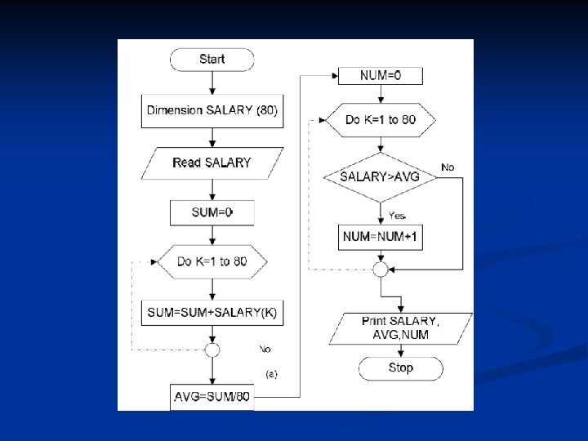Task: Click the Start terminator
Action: (x=212, y=60)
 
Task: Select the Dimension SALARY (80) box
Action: (x=212, y=111)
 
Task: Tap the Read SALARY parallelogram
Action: (x=212, y=163)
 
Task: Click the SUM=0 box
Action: (x=212, y=212)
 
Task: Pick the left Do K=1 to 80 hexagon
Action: (x=212, y=262)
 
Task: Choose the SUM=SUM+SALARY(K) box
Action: (x=212, y=313)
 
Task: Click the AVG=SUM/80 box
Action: (x=212, y=398)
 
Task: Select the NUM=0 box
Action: (x=380, y=76)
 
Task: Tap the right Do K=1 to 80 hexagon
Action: (x=380, y=120)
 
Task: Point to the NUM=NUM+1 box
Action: (x=380, y=237)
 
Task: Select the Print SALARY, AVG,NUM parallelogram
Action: (x=400, y=327)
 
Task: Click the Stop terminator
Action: (x=400, y=368)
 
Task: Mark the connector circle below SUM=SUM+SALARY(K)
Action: (x=212, y=350)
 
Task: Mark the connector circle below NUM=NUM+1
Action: (x=380, y=268)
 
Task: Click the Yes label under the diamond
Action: (x=397, y=216)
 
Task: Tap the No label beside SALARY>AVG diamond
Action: (x=448, y=167)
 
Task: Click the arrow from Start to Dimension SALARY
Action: (x=212, y=83)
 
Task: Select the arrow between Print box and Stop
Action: (x=400, y=350)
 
